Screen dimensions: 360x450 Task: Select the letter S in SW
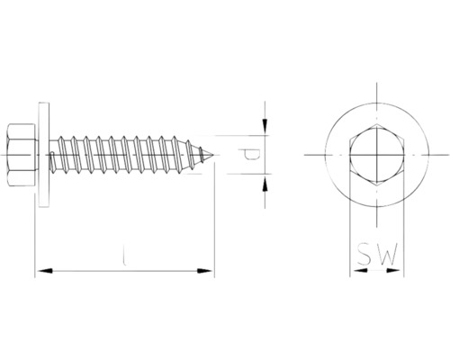coord(364,256)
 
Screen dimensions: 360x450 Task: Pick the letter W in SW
coord(384,256)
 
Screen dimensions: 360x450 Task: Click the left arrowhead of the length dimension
coord(41,269)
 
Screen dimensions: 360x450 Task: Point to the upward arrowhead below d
coord(265,184)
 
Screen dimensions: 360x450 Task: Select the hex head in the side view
coord(24,155)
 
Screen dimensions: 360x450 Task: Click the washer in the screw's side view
coord(42,155)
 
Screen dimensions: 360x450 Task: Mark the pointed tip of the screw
coord(213,155)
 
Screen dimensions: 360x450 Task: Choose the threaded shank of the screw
coord(126,155)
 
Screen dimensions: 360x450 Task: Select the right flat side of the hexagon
coord(396,155)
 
